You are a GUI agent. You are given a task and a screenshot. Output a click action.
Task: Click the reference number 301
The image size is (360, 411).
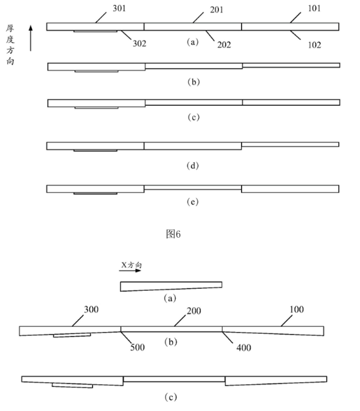click(119, 8)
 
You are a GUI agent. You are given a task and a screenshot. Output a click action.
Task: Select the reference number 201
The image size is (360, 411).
click(217, 10)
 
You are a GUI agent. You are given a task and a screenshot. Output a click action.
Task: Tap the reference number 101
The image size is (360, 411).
click(314, 8)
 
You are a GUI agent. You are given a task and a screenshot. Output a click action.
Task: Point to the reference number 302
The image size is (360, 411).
click(139, 43)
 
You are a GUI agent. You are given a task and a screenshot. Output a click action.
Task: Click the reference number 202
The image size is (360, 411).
click(224, 45)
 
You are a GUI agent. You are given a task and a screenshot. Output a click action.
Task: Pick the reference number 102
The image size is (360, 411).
click(314, 45)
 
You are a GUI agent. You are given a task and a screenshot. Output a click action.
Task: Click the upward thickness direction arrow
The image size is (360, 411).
click(31, 38)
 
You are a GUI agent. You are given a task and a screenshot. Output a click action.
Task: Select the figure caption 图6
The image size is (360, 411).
click(173, 234)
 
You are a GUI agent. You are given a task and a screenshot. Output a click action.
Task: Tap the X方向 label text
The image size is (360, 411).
click(131, 265)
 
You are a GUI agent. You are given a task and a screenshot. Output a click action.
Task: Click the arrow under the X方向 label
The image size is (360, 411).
click(130, 271)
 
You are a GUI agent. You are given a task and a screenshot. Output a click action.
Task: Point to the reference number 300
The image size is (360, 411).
click(91, 310)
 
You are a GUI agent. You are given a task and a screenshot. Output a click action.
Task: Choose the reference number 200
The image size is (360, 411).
click(194, 311)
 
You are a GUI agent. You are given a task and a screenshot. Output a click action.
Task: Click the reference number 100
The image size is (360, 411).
click(297, 310)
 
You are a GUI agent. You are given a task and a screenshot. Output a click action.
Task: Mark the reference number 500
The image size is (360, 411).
click(138, 348)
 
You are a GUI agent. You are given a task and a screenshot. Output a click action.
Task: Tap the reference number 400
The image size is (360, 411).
click(244, 348)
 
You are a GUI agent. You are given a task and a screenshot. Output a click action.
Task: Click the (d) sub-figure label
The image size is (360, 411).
click(193, 166)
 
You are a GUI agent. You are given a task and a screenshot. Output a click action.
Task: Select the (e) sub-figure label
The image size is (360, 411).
click(193, 202)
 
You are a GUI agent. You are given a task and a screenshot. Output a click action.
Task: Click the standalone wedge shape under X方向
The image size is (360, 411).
click(171, 286)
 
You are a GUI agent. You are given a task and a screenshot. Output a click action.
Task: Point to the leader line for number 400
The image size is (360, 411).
click(227, 337)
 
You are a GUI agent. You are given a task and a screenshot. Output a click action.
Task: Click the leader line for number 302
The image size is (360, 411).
click(126, 35)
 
